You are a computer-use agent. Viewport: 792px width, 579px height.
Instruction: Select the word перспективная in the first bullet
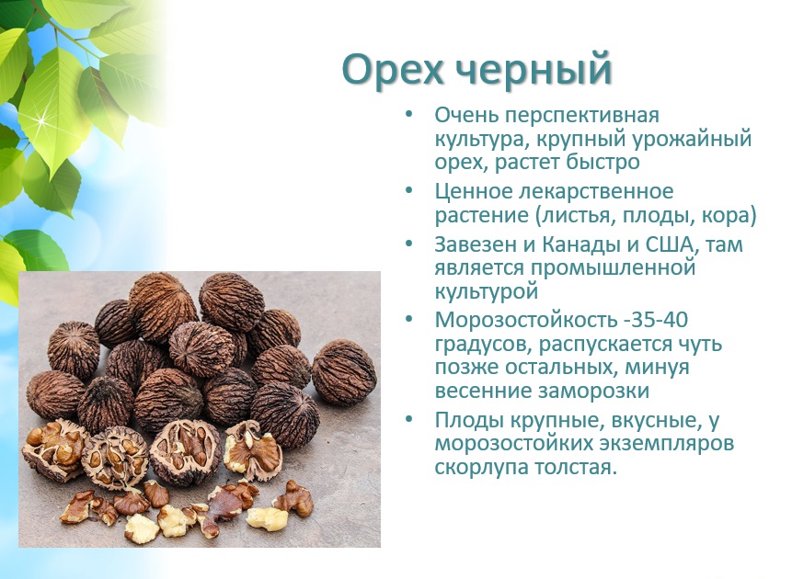pos(582,116)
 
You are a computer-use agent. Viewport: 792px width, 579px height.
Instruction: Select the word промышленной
pos(613,268)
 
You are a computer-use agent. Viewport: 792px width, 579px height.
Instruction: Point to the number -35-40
pos(655,320)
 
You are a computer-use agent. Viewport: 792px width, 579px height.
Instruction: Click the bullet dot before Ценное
pos(408,191)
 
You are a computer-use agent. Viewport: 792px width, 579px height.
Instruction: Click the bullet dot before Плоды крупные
pos(408,420)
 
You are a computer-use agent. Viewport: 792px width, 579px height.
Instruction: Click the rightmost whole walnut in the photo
pos(344,372)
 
